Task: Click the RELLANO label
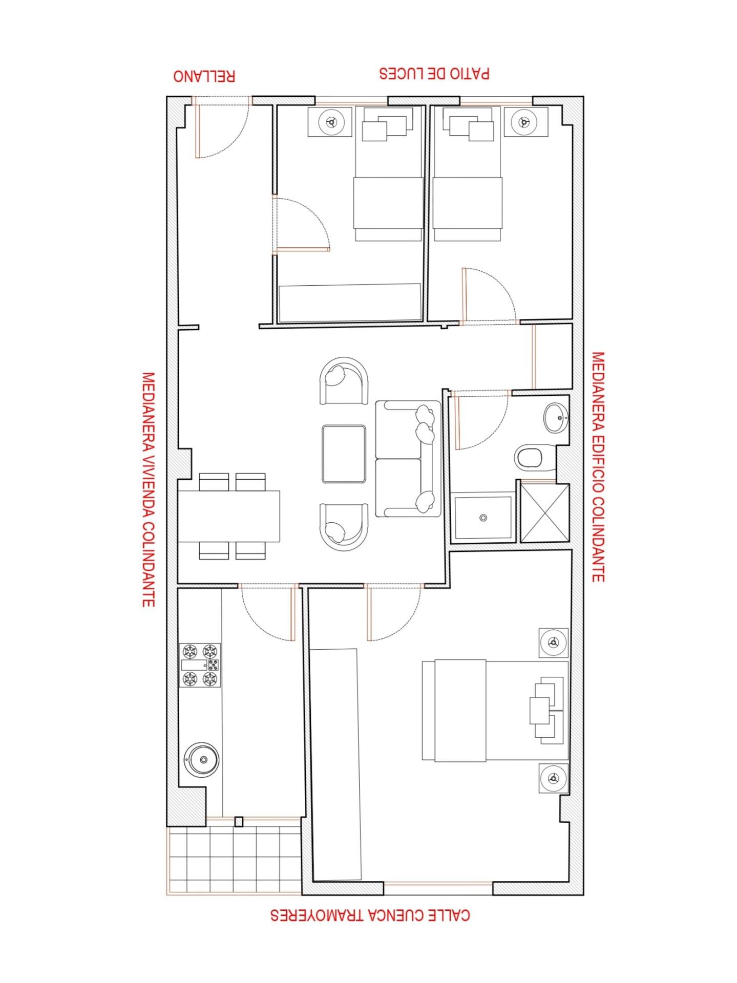click(204, 76)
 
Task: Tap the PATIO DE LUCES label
click(434, 73)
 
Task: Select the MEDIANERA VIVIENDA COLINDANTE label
click(148, 489)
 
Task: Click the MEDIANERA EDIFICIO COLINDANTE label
click(598, 466)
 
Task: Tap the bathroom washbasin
click(556, 418)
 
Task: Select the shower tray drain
click(483, 518)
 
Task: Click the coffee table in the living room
click(344, 454)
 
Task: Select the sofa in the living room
click(408, 458)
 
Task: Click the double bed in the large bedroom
click(495, 710)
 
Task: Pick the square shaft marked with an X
click(544, 512)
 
